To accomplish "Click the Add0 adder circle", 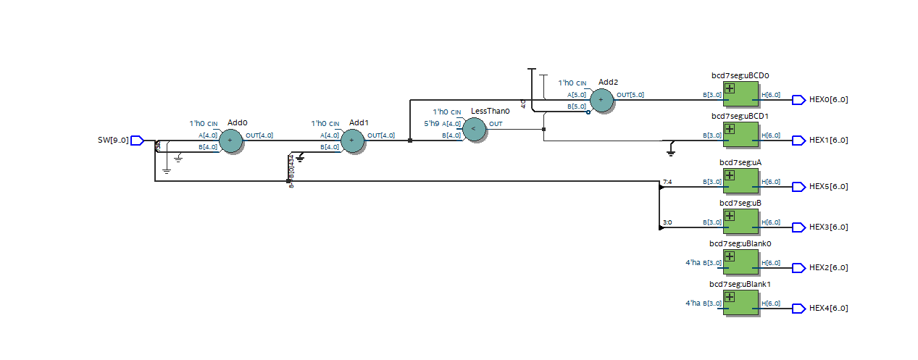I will [230, 141].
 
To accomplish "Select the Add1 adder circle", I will [352, 141].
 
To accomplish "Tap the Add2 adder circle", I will [601, 100].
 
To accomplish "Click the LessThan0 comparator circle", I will [474, 130].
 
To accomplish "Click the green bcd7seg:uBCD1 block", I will [740, 135].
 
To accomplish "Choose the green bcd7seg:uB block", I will [740, 222].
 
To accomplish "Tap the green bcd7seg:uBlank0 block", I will [740, 263].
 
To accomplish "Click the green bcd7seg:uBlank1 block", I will [740, 304].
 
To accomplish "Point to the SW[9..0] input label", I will [112, 141].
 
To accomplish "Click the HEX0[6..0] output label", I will [828, 100].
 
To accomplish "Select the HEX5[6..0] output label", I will [828, 187].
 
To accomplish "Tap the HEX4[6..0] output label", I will [828, 309].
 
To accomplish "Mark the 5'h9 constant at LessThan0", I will [432, 124].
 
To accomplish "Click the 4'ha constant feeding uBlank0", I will [693, 263].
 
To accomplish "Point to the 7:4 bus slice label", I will [667, 181].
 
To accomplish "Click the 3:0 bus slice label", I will [667, 222].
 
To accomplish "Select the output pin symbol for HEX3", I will [798, 227].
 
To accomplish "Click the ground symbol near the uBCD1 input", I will [671, 151].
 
